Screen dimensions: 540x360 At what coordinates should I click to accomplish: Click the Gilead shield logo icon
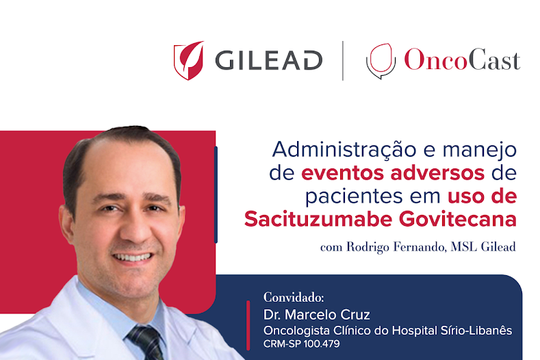click(188, 61)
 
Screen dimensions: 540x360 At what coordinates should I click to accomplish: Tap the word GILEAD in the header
click(269, 61)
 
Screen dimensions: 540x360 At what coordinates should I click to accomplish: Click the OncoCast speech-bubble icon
click(381, 61)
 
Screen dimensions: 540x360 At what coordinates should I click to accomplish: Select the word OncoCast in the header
click(462, 60)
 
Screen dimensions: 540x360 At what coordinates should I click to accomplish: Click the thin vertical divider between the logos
click(343, 61)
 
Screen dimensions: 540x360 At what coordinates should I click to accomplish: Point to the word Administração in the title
click(344, 150)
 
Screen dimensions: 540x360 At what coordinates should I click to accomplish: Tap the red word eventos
click(342, 173)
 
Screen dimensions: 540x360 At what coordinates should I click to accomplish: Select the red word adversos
click(437, 173)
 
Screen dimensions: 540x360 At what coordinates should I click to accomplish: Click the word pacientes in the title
click(354, 196)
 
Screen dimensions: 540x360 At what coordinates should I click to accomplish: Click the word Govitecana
click(458, 219)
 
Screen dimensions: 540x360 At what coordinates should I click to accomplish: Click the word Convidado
click(294, 297)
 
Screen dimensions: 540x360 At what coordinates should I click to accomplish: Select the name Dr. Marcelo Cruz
click(316, 315)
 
